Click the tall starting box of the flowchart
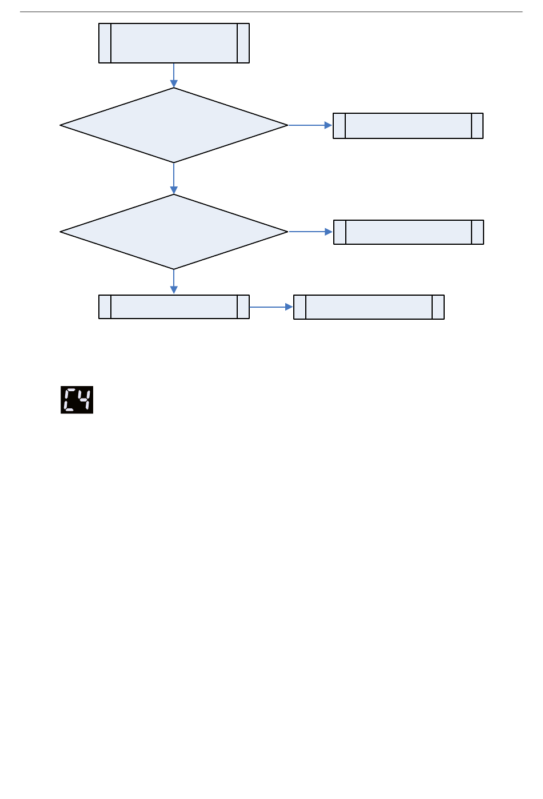pos(174,43)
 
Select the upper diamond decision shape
pos(174,125)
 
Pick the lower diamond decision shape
pos(174,232)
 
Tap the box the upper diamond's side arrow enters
pos(408,126)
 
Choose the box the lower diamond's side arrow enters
pos(409,232)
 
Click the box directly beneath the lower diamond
pos(174,307)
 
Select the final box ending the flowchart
pos(369,307)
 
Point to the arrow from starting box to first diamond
pos(174,75)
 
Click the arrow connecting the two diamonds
pos(174,178)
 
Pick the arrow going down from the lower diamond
pos(174,281)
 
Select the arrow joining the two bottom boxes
pos(271,307)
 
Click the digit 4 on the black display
pos(85,400)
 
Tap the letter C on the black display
pos(70,400)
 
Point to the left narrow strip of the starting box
pos(105,43)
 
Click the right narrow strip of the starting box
pos(243,43)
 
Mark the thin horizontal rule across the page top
pos(271,11)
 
